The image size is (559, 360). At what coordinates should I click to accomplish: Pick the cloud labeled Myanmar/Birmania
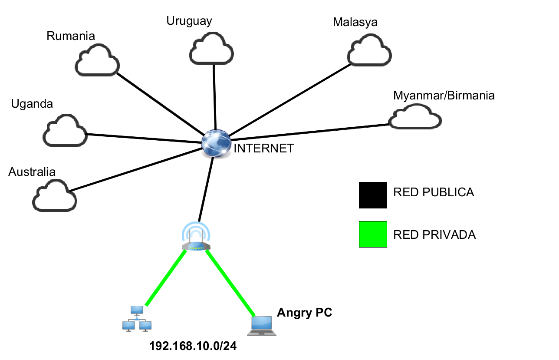[415, 118]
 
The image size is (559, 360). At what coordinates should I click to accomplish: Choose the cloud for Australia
[55, 196]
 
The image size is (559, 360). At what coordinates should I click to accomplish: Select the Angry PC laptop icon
[262, 326]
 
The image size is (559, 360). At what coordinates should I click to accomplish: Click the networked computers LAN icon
[137, 319]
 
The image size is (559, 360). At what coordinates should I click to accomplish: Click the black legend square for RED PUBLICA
[373, 195]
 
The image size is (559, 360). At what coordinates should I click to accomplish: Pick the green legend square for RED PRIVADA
[373, 234]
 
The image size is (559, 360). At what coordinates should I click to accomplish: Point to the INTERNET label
[264, 149]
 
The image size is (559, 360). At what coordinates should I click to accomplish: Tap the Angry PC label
[304, 312]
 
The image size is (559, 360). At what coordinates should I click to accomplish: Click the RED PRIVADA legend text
[434, 235]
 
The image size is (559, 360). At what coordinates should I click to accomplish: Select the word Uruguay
[189, 21]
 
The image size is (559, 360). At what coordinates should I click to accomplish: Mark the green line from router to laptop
[230, 282]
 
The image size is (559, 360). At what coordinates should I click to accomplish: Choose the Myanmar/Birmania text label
[444, 96]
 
